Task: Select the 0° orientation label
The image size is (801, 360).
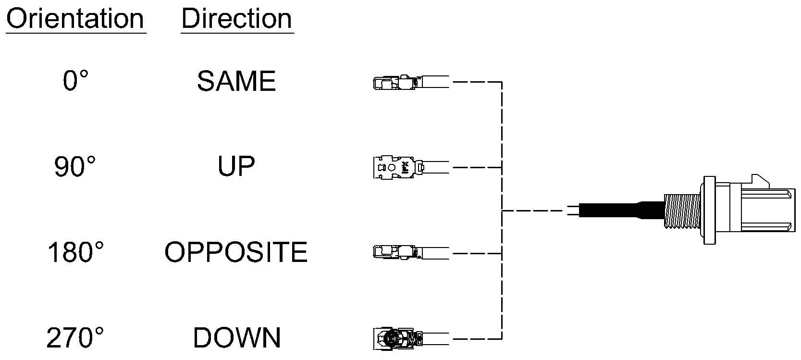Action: [x=75, y=81]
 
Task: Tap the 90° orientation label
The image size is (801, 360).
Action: [x=75, y=166]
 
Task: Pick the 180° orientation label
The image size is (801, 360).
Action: [x=75, y=252]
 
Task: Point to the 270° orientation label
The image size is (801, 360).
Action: [x=75, y=338]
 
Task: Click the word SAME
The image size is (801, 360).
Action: [x=236, y=81]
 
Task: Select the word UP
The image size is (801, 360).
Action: [x=236, y=166]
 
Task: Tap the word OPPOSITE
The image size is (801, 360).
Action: [x=236, y=252]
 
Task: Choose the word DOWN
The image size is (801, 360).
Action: [x=237, y=338]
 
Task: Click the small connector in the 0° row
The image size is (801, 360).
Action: [x=411, y=83]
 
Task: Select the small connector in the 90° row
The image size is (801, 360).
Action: [x=411, y=167]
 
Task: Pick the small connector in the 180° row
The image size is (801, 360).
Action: [x=411, y=252]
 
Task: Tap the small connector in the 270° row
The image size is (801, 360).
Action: [x=411, y=338]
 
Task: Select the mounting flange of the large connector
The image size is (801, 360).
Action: [x=710, y=210]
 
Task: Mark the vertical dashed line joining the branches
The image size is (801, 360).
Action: [x=502, y=211]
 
